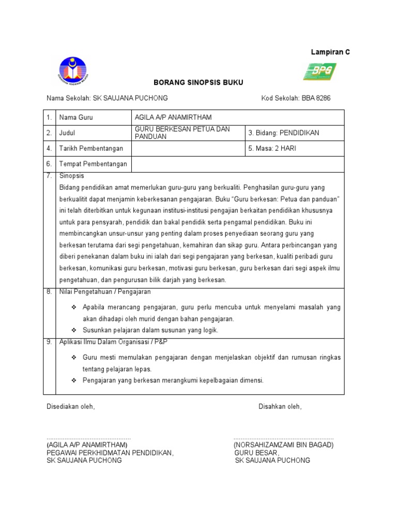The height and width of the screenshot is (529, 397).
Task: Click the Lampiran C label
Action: (x=330, y=52)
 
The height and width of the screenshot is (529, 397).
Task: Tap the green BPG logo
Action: (x=319, y=71)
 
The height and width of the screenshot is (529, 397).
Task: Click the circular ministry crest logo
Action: (x=73, y=71)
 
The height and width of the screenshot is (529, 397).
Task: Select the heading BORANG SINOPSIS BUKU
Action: (x=191, y=82)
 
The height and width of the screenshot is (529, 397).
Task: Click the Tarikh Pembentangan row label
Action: (x=91, y=148)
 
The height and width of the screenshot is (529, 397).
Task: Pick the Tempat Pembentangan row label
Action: (x=93, y=164)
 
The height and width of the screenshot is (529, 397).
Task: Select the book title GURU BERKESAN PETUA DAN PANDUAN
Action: (x=182, y=132)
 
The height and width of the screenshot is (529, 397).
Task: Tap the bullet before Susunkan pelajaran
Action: (x=73, y=330)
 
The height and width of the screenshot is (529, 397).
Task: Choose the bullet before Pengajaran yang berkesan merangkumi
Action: (x=73, y=380)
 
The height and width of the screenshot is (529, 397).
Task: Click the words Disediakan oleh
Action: (x=71, y=407)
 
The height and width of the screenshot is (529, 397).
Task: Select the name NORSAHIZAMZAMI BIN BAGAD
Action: (x=283, y=445)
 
